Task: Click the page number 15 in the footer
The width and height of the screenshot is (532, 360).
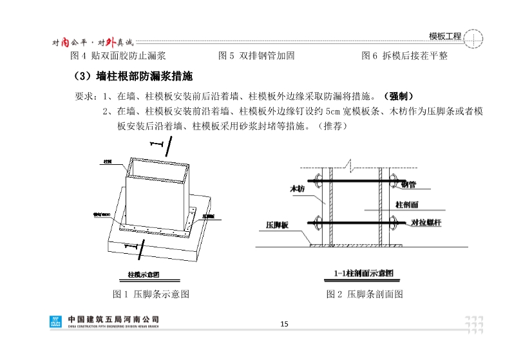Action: click(x=284, y=323)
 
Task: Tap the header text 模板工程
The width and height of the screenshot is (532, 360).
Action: click(x=445, y=37)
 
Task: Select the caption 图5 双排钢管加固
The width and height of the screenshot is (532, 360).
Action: click(x=257, y=56)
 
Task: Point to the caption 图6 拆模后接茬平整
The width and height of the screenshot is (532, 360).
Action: click(x=404, y=56)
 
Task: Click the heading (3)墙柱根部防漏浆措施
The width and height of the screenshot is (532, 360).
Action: click(x=133, y=77)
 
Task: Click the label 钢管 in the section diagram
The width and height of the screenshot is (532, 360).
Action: click(x=408, y=184)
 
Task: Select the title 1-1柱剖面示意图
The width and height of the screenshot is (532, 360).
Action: click(x=364, y=273)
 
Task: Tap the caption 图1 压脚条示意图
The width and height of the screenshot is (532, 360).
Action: click(x=151, y=294)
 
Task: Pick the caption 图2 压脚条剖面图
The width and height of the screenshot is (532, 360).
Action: click(x=365, y=294)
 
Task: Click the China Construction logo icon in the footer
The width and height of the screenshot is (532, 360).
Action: click(x=57, y=321)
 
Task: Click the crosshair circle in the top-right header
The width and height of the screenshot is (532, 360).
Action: click(x=473, y=38)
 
